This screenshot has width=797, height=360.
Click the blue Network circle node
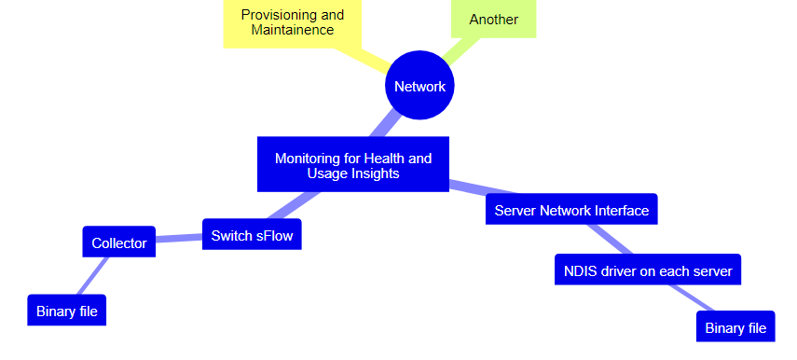[419, 86]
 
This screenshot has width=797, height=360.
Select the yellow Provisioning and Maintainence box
[292, 22]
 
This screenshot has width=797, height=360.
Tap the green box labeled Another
[493, 19]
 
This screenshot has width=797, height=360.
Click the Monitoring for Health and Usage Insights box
[353, 165]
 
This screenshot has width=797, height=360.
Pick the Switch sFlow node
[252, 235]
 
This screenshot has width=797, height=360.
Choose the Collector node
[118, 242]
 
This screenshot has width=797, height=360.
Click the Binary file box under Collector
[67, 311]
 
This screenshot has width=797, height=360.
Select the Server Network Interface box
[571, 210]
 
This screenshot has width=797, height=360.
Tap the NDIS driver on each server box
[647, 271]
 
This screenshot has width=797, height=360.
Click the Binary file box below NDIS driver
[735, 327]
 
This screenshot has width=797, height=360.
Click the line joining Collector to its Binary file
[93, 275]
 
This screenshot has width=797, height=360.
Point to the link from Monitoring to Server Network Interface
[467, 188]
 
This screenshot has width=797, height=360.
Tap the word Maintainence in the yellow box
[292, 30]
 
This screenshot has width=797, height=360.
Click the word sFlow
[274, 235]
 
